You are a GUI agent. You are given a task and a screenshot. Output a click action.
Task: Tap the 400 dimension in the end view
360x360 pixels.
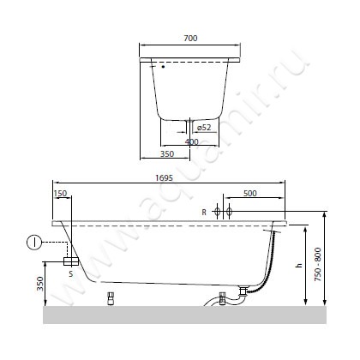pos(192,141)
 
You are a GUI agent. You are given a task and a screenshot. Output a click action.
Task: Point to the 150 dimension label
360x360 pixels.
pos(60,194)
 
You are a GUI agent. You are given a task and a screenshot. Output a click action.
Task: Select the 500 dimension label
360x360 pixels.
pos(249,194)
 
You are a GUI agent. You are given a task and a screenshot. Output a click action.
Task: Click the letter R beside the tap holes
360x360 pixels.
pos(204,211)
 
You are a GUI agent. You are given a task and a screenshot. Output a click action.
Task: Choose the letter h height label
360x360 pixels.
pos(298,266)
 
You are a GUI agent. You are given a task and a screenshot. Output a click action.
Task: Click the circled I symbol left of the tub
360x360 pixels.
pos(32,242)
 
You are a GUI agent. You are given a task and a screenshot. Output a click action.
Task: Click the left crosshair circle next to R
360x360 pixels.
pos(217,211)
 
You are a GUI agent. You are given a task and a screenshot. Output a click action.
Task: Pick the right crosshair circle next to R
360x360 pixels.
pos(229,211)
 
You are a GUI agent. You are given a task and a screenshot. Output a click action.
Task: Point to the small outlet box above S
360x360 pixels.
pos(73,259)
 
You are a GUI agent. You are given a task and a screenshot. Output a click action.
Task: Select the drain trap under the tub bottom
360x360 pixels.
pos(225,299)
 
